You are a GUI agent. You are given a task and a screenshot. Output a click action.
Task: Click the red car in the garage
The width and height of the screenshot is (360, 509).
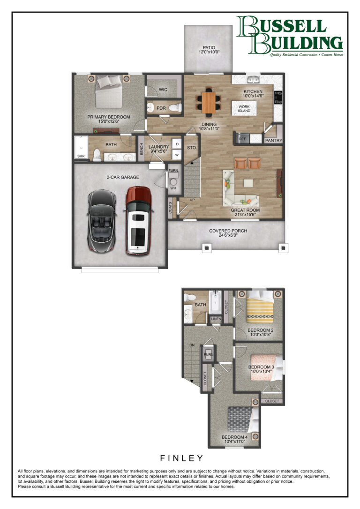click(138, 220)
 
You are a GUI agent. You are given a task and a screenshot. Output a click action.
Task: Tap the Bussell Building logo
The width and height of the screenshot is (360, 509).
click(289, 36)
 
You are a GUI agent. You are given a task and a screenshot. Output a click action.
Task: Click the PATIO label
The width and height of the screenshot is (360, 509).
click(209, 47)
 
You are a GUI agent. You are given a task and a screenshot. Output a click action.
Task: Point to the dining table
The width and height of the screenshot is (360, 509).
click(209, 102)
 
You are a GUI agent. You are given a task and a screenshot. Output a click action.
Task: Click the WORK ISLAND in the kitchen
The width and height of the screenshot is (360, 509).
click(244, 108)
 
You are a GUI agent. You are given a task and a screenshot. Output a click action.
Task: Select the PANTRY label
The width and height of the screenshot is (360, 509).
click(274, 141)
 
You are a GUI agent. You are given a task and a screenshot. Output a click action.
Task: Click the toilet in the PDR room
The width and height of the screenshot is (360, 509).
click(175, 108)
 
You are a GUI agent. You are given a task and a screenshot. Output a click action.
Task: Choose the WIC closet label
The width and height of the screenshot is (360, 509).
click(163, 90)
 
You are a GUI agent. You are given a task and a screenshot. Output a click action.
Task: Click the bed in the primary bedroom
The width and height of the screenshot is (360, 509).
click(109, 92)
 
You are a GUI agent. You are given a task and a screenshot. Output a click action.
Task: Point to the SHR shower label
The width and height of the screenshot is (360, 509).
click(81, 156)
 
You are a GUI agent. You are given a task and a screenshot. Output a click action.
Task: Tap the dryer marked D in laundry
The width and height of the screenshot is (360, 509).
click(177, 144)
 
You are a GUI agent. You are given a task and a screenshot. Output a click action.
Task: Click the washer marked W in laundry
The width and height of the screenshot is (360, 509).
click(177, 155)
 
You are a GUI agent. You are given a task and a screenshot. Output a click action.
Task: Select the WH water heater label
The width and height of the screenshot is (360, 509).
click(173, 188)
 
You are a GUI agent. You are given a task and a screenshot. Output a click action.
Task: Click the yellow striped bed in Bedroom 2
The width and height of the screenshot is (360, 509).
click(260, 307)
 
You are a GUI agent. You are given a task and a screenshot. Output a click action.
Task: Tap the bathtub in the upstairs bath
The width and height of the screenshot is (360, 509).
click(215, 302)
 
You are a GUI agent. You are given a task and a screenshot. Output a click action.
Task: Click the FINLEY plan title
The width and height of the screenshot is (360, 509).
click(182, 458)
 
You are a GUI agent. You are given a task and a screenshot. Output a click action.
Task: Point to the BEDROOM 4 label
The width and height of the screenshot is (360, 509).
click(235, 437)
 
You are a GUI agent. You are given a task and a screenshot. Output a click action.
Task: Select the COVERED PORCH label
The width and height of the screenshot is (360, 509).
click(228, 231)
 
